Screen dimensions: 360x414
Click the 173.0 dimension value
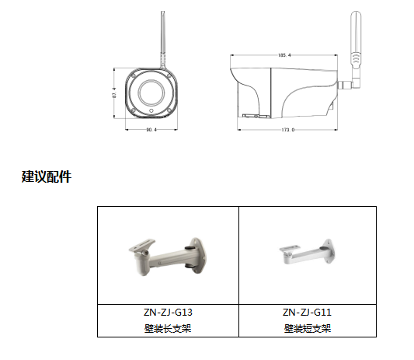287,128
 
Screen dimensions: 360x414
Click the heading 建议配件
47,177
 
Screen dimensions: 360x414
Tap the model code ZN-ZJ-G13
168,313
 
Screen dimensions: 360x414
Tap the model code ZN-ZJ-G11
307,313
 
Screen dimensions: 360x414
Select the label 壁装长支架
168,328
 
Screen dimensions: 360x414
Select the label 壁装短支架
307,328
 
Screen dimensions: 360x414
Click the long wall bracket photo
168,257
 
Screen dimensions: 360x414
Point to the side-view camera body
287,89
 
